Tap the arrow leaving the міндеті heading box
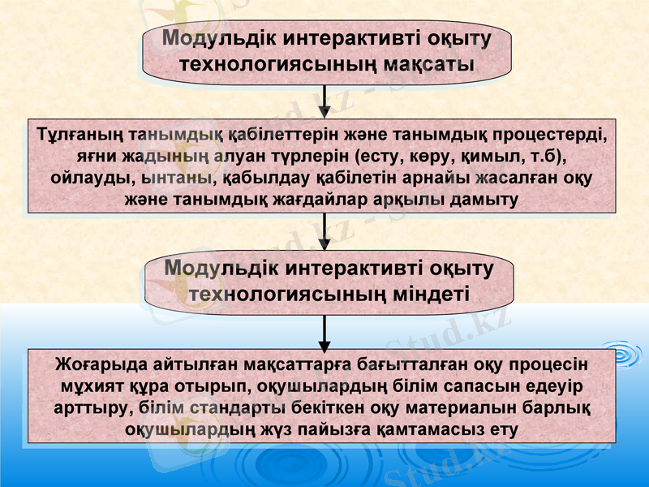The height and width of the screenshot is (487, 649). point(324,330)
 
